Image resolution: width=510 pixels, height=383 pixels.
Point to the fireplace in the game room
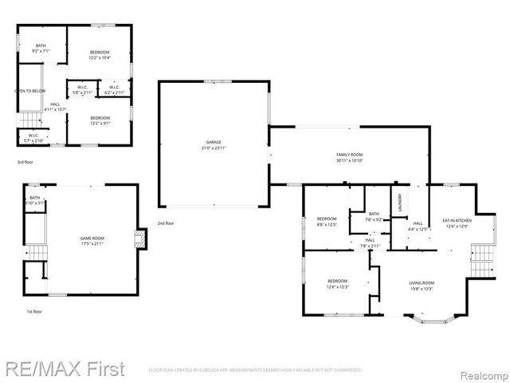click(x=142, y=239)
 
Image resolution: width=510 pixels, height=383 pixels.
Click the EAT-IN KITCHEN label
click(x=457, y=223)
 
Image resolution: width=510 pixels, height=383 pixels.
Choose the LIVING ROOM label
click(x=422, y=286)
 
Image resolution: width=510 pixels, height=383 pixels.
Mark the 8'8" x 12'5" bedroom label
click(x=327, y=221)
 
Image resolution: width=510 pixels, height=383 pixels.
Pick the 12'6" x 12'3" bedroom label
click(x=337, y=284)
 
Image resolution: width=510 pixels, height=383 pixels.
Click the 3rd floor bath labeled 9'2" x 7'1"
click(x=40, y=49)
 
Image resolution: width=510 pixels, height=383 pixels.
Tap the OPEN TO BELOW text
click(x=29, y=91)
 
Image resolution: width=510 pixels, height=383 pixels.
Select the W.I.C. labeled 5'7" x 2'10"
click(x=34, y=137)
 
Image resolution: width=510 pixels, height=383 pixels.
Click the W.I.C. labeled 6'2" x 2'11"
click(x=115, y=89)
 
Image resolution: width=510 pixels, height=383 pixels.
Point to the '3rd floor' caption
click(x=25, y=162)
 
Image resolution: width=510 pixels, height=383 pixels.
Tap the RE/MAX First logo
click(x=65, y=369)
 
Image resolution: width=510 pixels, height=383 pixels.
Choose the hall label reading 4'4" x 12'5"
click(x=418, y=227)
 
